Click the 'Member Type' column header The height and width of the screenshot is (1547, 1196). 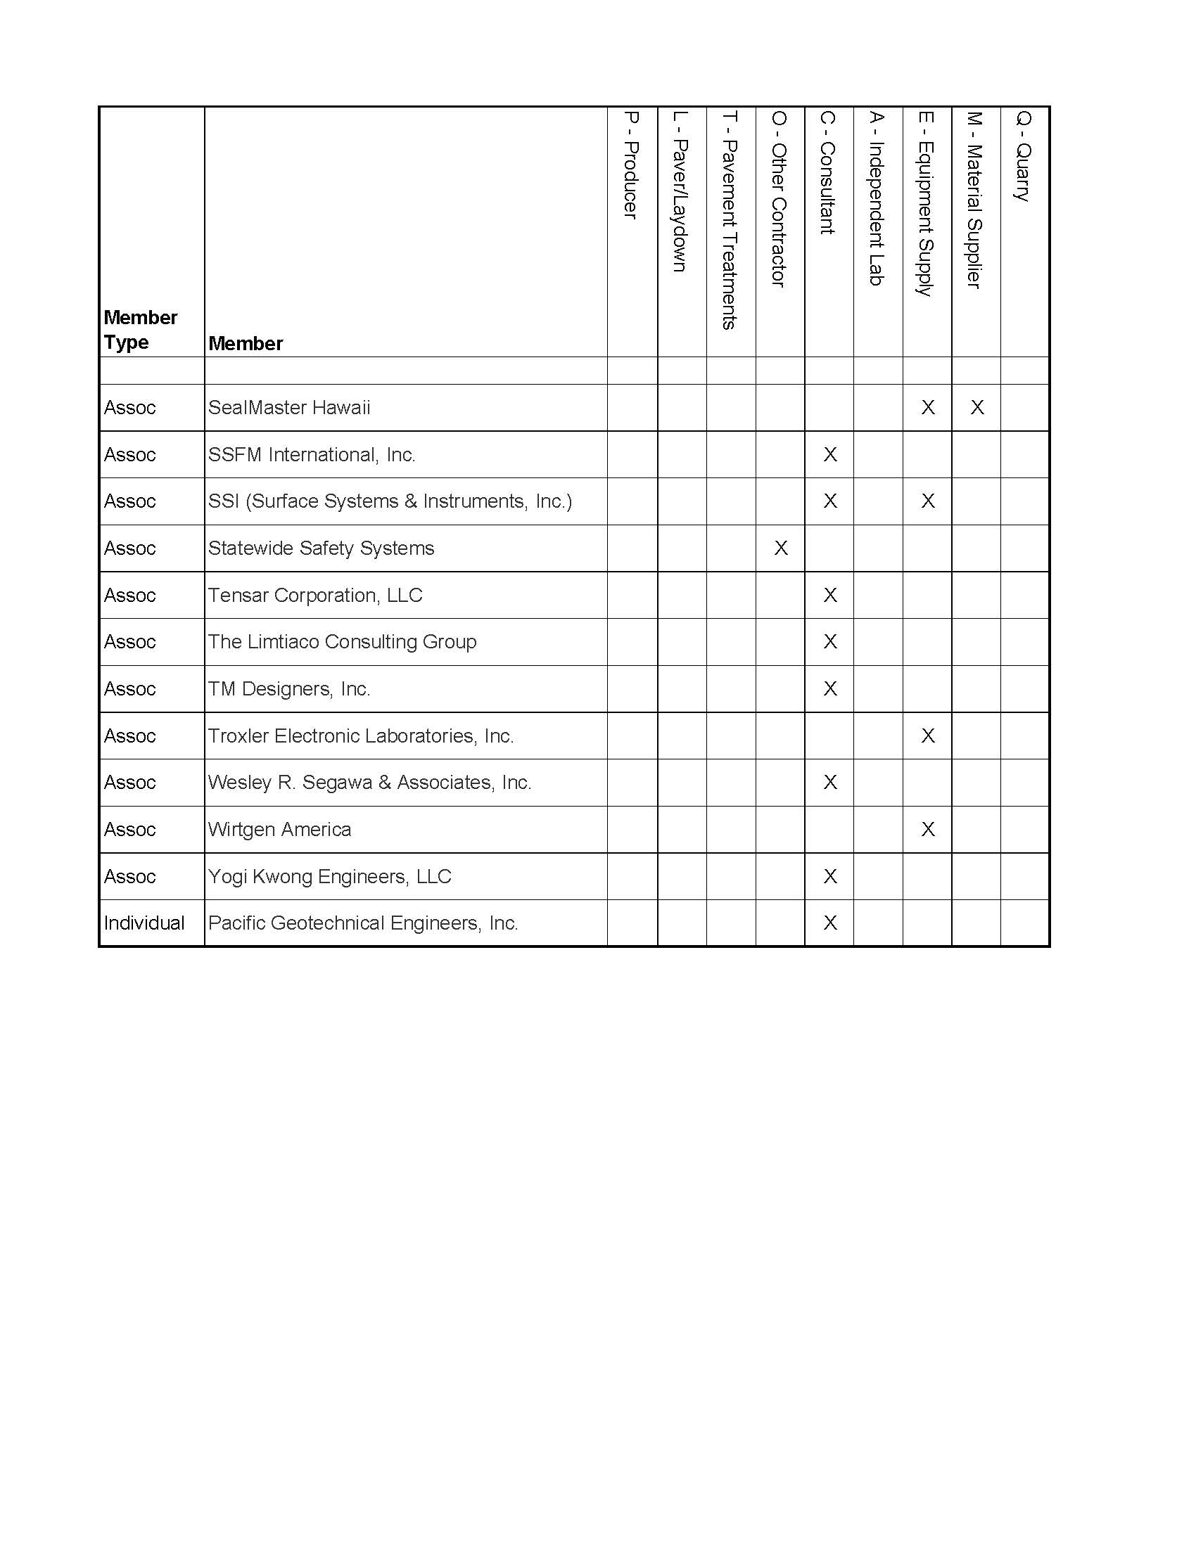[140, 329]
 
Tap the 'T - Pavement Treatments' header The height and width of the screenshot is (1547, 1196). [730, 219]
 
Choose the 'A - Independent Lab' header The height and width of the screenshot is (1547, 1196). [877, 198]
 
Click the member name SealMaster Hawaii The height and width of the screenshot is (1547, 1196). [289, 407]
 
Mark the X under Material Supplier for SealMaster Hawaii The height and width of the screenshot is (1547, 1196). [977, 407]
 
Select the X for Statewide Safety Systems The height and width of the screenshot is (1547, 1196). [781, 548]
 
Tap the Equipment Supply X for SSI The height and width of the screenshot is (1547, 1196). [927, 501]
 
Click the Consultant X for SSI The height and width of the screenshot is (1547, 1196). [830, 501]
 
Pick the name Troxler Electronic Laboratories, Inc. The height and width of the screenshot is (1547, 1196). [361, 736]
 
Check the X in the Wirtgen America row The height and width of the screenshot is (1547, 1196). [927, 829]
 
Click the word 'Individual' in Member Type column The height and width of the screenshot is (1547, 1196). [144, 923]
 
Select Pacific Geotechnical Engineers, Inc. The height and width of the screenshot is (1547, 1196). [363, 923]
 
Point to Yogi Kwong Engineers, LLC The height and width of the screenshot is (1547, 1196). [329, 876]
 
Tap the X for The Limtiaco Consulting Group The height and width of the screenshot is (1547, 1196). [830, 641]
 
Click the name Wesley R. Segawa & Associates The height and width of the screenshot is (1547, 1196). [369, 782]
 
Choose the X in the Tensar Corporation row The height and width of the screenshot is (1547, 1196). [830, 595]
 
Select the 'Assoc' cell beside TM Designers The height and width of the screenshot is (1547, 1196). [129, 688]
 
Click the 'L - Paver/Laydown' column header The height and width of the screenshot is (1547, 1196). [680, 191]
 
